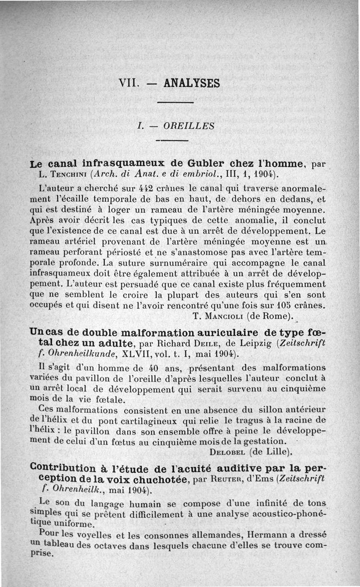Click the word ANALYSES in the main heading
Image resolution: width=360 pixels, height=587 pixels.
[x=192, y=83]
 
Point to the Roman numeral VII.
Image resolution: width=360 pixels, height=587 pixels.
[x=128, y=83]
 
